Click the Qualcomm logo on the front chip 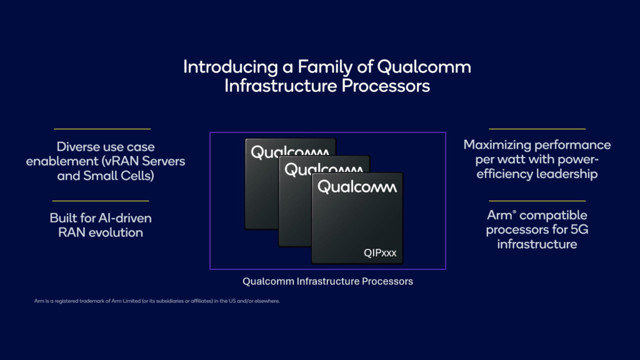pyautogui.click(x=357, y=186)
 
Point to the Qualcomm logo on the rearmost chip pyautogui.click(x=289, y=152)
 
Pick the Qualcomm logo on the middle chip pyautogui.click(x=323, y=169)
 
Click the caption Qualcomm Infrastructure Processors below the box pyautogui.click(x=327, y=281)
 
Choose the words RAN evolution pyautogui.click(x=101, y=232)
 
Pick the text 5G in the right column pyautogui.click(x=579, y=230)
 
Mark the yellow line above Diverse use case pyautogui.click(x=102, y=129)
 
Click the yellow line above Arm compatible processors pyautogui.click(x=537, y=201)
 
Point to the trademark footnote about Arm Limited pyautogui.click(x=157, y=301)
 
